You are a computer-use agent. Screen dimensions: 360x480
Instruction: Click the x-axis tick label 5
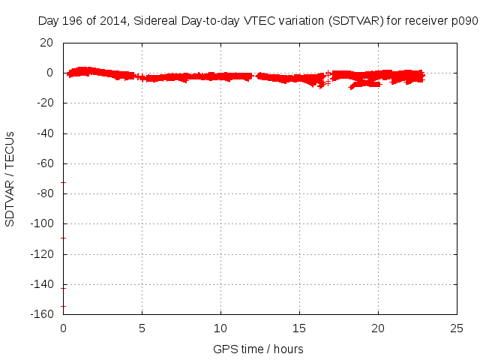(142, 328)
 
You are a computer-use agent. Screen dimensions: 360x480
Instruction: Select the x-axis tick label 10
(220, 328)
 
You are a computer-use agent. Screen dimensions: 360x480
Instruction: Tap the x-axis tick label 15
(299, 328)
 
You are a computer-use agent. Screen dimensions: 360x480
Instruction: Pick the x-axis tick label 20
(378, 328)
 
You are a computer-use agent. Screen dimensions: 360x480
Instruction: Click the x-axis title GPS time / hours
(259, 349)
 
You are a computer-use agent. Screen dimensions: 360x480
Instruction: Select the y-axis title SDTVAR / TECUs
(10, 178)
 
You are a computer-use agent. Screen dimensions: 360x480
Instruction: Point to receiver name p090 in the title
(465, 21)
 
